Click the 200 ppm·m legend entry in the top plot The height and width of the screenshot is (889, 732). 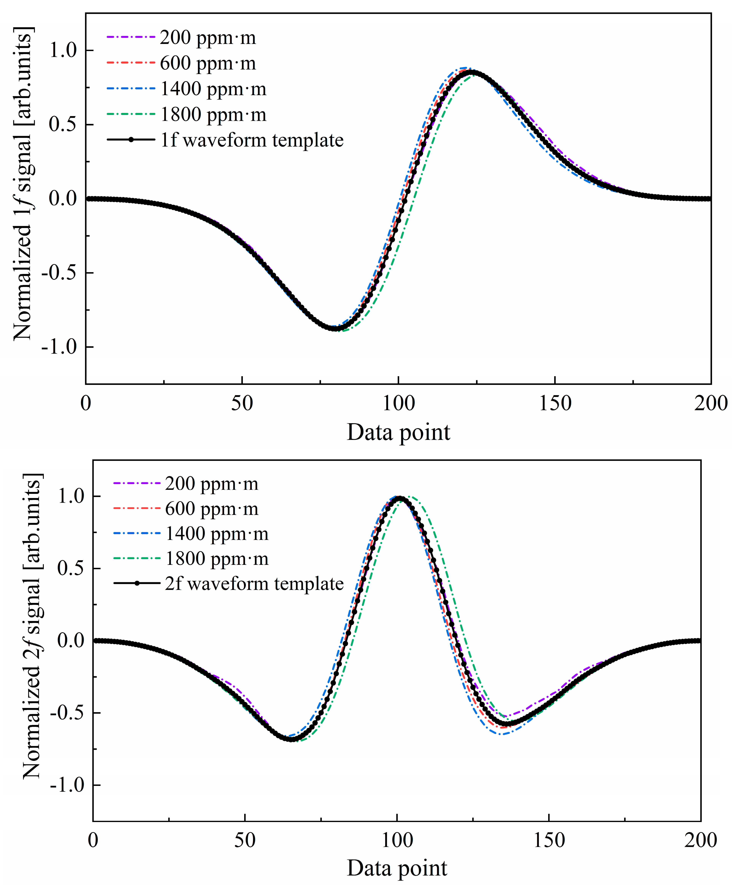point(207,38)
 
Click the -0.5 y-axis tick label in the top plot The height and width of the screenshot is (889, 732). point(59,273)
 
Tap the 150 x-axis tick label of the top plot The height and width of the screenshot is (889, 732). point(555,404)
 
